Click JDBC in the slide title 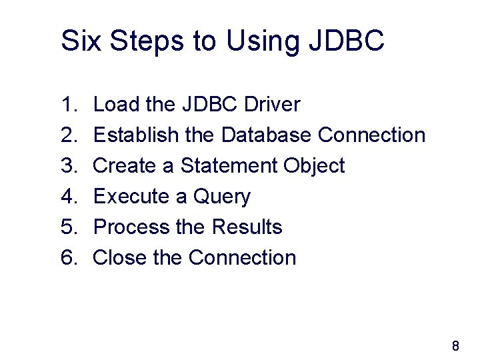347,41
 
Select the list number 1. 69,105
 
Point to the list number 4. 69,197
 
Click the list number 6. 69,258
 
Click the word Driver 273,105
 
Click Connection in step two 371,135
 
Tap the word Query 222,197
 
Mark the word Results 247,227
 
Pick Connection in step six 243,258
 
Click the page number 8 455,346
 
